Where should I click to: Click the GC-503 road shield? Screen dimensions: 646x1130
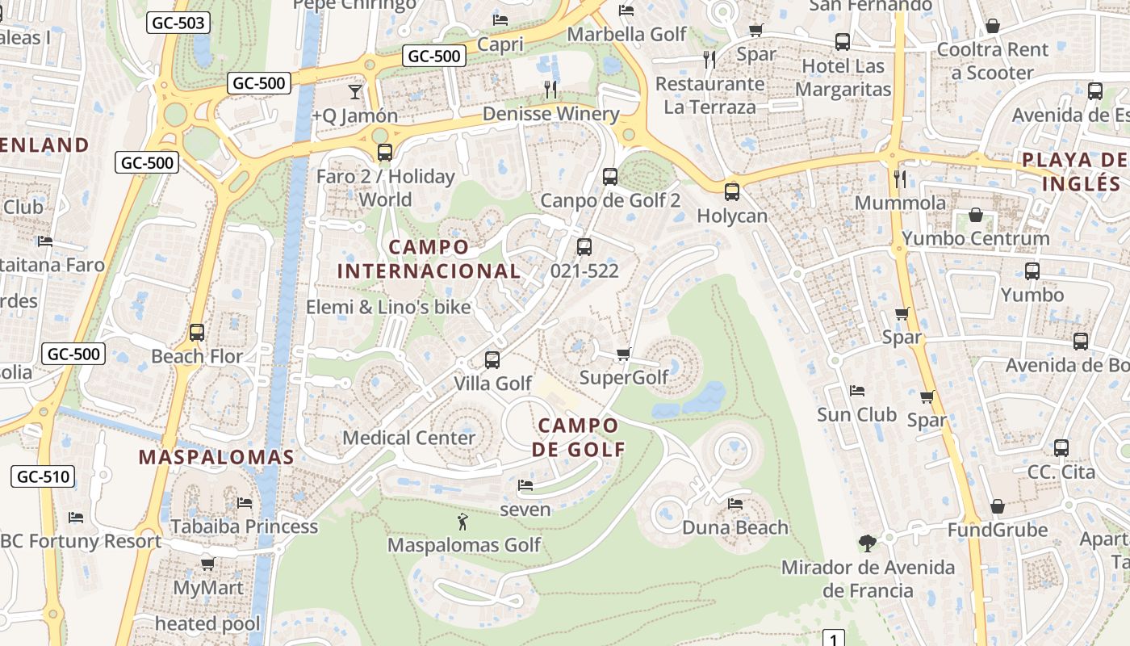click(x=178, y=23)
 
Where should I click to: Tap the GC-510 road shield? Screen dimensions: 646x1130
click(x=44, y=476)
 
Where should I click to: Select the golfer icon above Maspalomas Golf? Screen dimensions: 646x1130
click(x=462, y=522)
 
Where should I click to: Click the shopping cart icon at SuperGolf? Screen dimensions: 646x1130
click(x=623, y=354)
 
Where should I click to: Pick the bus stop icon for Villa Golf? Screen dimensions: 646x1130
click(x=492, y=359)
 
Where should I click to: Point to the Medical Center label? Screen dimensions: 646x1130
click(x=409, y=438)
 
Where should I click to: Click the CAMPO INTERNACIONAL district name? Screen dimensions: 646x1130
click(x=429, y=258)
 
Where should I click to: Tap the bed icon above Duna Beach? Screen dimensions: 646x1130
click(x=735, y=504)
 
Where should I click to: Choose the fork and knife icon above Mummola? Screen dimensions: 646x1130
click(x=900, y=178)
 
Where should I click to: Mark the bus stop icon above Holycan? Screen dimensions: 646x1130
click(x=732, y=192)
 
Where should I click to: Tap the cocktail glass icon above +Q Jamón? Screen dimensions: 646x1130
click(x=355, y=91)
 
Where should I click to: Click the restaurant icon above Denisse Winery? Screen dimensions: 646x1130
click(x=550, y=90)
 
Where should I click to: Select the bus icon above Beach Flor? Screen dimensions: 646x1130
click(x=196, y=332)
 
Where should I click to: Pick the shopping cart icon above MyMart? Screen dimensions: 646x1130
click(x=207, y=564)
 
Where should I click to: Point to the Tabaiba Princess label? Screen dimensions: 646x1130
click(x=244, y=526)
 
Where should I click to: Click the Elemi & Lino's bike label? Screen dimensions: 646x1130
click(x=388, y=307)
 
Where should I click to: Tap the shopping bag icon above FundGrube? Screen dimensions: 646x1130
click(x=998, y=506)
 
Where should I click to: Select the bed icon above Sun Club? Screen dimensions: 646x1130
click(x=857, y=391)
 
